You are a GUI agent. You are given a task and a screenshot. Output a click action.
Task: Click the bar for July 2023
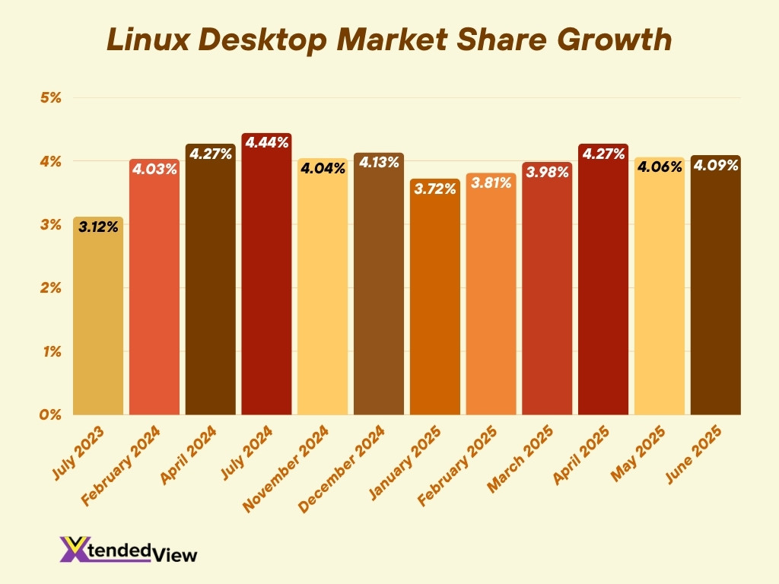click(98, 319)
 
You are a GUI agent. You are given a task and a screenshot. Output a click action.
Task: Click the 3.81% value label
click(491, 183)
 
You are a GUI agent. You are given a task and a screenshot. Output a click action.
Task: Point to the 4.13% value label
click(379, 163)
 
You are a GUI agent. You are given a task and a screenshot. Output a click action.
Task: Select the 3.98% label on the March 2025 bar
click(547, 173)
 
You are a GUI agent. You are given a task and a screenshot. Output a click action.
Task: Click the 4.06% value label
click(659, 167)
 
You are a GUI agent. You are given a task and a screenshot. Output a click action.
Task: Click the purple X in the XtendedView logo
click(75, 549)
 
